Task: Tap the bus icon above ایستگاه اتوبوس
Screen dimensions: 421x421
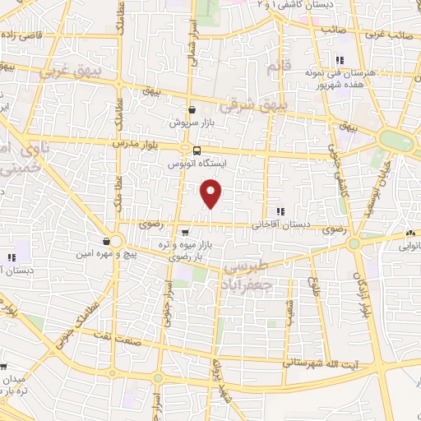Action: pos(197,150)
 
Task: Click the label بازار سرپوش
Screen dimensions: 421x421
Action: pos(191,123)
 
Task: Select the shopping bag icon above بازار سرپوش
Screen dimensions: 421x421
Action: pos(192,109)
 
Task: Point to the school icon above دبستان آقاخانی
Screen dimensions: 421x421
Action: pos(280,210)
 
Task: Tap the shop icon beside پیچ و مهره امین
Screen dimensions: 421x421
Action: pos(107,242)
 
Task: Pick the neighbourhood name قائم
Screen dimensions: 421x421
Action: pos(279,65)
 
